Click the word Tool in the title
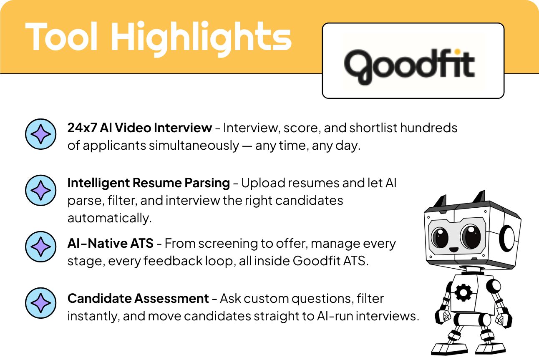(x=61, y=36)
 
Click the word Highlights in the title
(x=201, y=38)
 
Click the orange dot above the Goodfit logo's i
(x=458, y=51)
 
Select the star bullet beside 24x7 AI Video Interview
(x=40, y=134)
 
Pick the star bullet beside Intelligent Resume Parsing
(x=40, y=190)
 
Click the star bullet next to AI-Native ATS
(x=40, y=247)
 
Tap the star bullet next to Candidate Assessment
(x=40, y=303)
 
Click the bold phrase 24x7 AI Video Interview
(x=140, y=128)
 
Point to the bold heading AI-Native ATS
(x=110, y=243)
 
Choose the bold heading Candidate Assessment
(x=138, y=299)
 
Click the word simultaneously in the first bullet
(x=194, y=146)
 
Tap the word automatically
(x=109, y=218)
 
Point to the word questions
(x=310, y=299)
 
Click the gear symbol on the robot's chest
(x=463, y=292)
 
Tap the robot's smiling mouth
(x=454, y=249)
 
